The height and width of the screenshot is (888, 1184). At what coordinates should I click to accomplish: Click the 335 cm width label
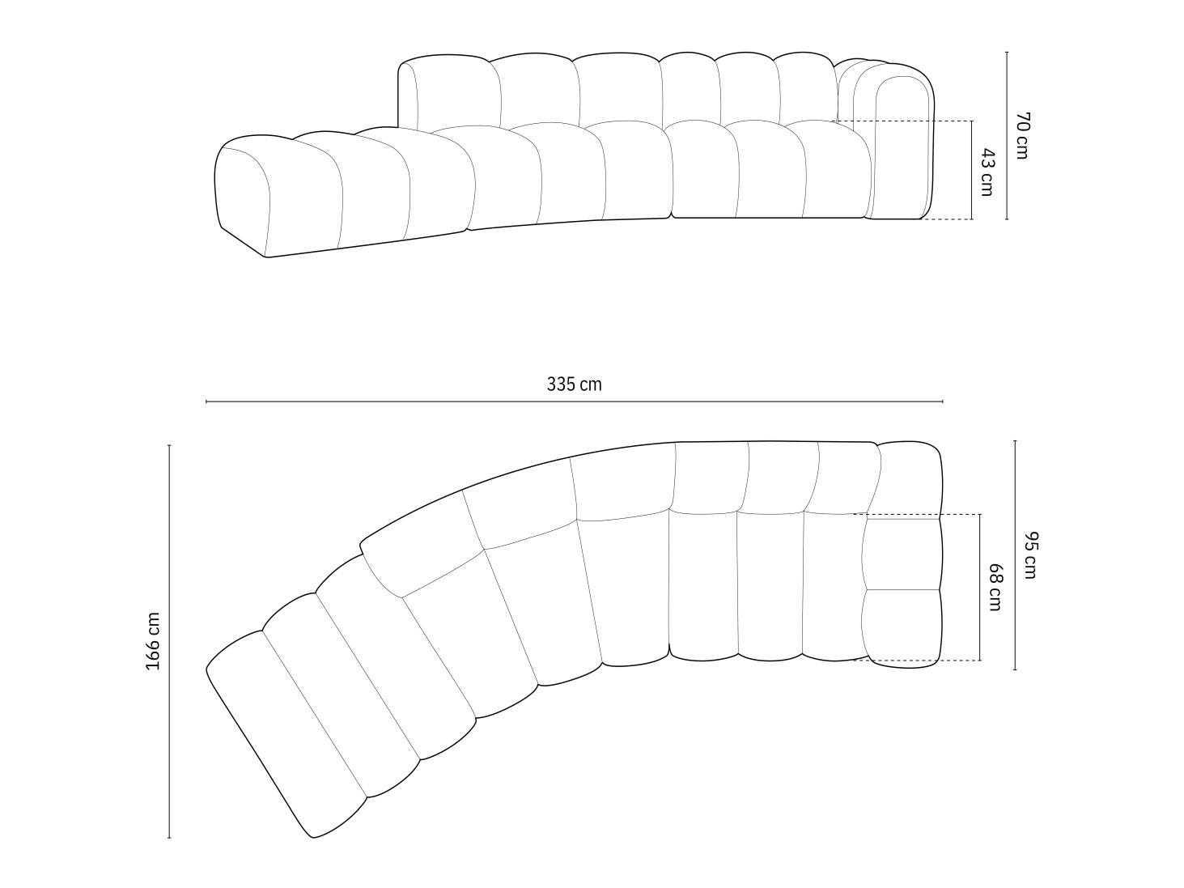coord(574,385)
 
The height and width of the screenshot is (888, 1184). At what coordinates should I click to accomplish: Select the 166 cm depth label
coord(153,641)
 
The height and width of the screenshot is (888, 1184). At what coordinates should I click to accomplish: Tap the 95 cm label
coord(1029,555)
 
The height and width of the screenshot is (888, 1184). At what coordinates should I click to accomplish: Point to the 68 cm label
coord(995,588)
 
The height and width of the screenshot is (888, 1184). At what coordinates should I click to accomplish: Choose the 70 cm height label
coord(1021,136)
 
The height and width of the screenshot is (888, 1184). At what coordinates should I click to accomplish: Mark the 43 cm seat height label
coord(987,171)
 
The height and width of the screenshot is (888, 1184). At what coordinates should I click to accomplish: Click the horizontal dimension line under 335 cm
coord(574,402)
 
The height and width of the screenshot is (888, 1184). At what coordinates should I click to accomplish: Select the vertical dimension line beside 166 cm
coord(169,729)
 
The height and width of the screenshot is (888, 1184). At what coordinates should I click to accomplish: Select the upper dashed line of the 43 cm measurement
coord(898,121)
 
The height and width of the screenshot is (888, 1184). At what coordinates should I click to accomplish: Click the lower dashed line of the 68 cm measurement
coord(915,661)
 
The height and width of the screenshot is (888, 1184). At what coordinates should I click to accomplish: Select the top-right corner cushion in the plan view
coord(910,478)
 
